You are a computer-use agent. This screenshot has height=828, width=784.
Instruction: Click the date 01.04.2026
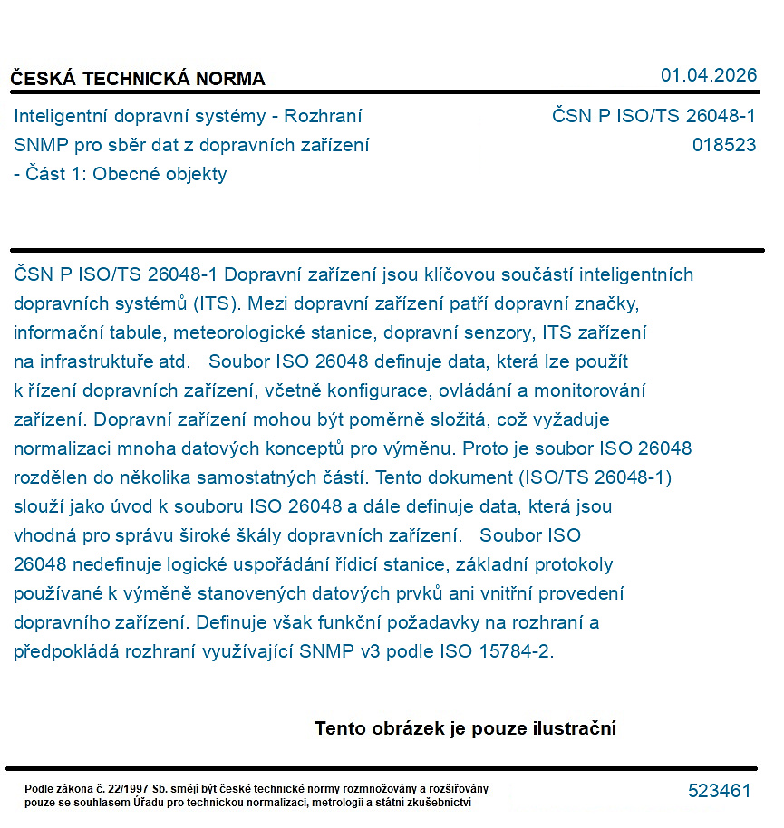708,75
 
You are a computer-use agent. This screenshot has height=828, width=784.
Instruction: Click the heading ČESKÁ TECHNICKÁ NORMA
138,79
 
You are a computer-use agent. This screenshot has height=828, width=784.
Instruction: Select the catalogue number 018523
723,145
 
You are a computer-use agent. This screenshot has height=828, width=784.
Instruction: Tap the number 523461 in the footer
719,791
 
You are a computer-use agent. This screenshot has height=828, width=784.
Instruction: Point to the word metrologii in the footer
341,803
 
